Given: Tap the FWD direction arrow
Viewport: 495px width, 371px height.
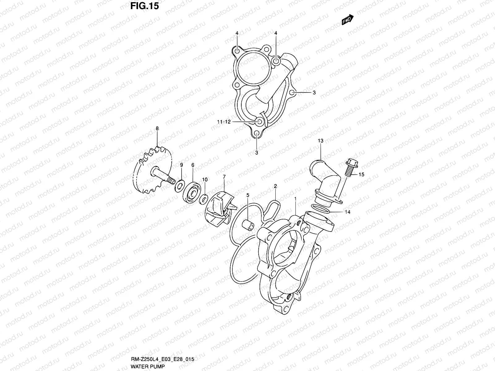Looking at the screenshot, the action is (x=347, y=20).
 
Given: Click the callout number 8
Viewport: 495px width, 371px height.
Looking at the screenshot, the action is (x=157, y=128).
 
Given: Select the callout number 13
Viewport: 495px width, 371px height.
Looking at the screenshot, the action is (x=320, y=141).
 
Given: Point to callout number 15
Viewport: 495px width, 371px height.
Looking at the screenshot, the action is (x=361, y=175).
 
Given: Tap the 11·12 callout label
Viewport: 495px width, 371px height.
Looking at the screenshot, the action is (x=224, y=122).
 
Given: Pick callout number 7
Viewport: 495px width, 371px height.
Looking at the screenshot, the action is (x=224, y=177).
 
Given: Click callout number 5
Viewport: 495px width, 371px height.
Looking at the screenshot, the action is (x=247, y=195).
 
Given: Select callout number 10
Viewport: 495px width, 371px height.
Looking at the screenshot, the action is (x=205, y=179).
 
